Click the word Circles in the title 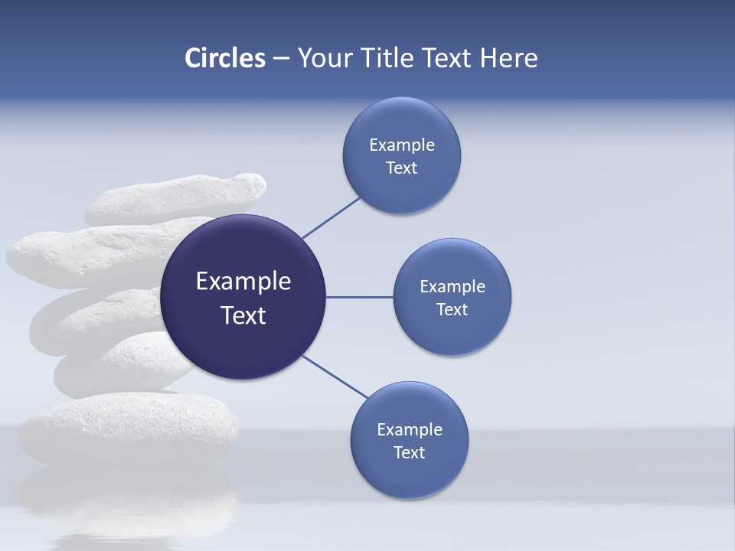[x=224, y=58]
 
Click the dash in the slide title [x=280, y=59]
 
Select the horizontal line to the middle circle [x=360, y=297]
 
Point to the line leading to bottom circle [x=335, y=377]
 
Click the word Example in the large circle [x=243, y=282]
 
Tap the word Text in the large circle [x=243, y=315]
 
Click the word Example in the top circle [x=402, y=145]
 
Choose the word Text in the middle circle [x=452, y=310]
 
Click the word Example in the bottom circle [x=410, y=430]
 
